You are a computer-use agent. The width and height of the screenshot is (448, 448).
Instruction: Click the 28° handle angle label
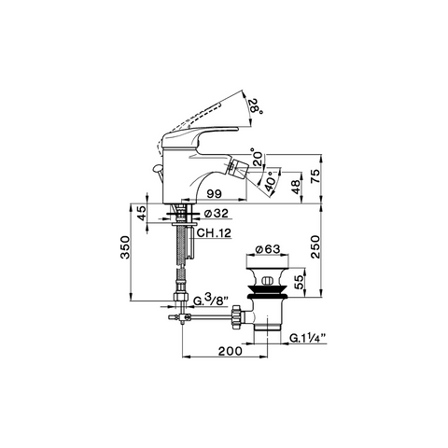click(257, 106)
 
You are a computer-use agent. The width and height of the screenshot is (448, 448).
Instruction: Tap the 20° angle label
click(257, 157)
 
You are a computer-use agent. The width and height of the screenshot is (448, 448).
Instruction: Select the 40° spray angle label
click(270, 181)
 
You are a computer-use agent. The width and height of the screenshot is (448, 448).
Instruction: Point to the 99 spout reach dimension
click(215, 194)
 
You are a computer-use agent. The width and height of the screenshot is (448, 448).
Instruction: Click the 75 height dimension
click(315, 176)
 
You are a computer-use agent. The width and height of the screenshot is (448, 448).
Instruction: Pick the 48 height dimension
click(297, 187)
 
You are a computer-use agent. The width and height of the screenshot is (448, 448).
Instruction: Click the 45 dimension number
click(142, 213)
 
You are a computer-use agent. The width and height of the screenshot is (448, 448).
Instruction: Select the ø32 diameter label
click(217, 213)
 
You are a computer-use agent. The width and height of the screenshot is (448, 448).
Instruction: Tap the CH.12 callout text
click(214, 232)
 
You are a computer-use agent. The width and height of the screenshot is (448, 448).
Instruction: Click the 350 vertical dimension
click(125, 247)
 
